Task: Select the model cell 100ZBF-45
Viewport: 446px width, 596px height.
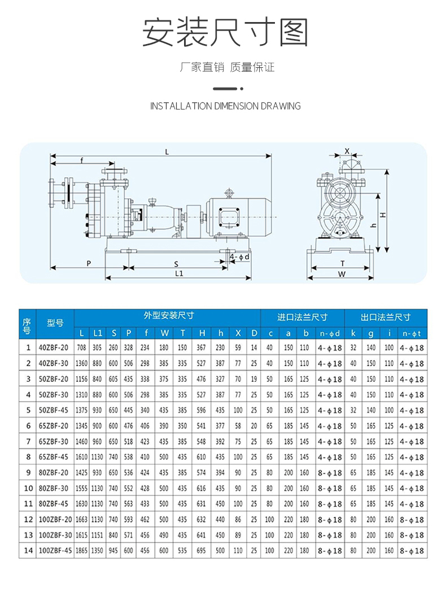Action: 55,550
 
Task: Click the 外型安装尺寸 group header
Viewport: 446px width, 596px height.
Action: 168,316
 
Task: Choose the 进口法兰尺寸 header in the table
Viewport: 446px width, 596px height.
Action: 301,317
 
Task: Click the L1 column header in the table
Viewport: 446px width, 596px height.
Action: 98,333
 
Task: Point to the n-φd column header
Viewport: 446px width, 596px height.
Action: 330,333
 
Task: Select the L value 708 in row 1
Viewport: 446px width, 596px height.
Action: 82,349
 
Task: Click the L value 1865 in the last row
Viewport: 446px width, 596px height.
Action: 82,550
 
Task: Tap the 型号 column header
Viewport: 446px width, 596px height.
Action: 55,323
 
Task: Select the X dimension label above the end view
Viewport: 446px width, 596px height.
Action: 347,151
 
